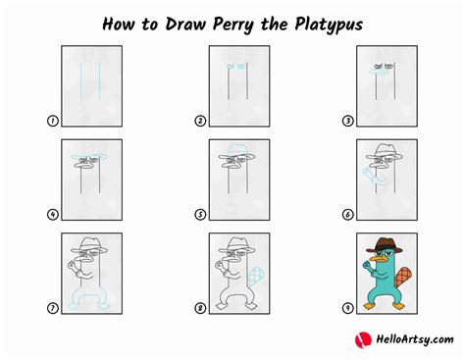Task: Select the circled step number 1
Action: [x=51, y=122]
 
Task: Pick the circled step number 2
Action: [x=199, y=122]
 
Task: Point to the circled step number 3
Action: [x=347, y=122]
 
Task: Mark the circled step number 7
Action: [x=51, y=308]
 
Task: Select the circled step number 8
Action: [x=199, y=308]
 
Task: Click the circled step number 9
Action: [x=347, y=308]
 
